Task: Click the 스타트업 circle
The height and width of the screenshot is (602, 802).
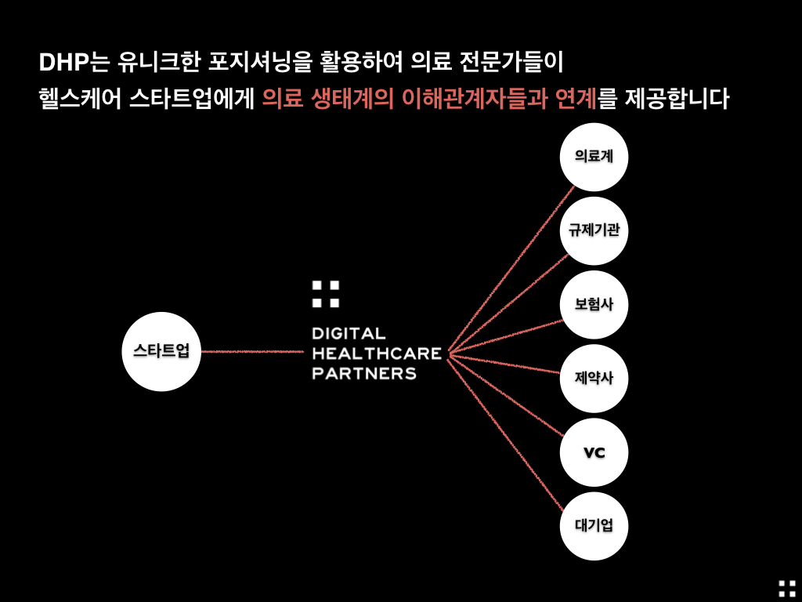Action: pyautogui.click(x=161, y=352)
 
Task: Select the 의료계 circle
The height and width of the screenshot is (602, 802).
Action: pyautogui.click(x=594, y=157)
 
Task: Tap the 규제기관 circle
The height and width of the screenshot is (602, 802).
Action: pyautogui.click(x=594, y=231)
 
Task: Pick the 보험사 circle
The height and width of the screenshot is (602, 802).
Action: pyautogui.click(x=594, y=305)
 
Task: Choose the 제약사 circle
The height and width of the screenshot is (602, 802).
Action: pyautogui.click(x=594, y=379)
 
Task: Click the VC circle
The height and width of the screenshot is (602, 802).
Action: pyautogui.click(x=594, y=452)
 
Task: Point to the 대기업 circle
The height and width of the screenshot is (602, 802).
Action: pyautogui.click(x=594, y=526)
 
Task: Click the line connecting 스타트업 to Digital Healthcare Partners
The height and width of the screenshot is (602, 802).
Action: pyautogui.click(x=253, y=352)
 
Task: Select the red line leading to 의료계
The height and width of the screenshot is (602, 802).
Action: pyautogui.click(x=511, y=269)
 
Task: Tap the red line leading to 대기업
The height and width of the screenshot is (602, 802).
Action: pyautogui.click(x=505, y=435)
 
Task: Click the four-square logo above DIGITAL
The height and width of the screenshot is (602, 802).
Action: pyautogui.click(x=326, y=294)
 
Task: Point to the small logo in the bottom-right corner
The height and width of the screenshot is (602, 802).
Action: pyautogui.click(x=787, y=589)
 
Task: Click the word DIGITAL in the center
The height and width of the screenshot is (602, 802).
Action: pyautogui.click(x=349, y=334)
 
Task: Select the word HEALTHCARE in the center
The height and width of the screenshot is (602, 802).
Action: pyautogui.click(x=377, y=354)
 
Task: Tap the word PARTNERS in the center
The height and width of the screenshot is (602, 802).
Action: pyautogui.click(x=364, y=373)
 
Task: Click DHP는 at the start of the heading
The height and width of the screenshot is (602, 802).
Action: pyautogui.click(x=74, y=62)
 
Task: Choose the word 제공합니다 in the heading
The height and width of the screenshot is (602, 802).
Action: pyautogui.click(x=677, y=98)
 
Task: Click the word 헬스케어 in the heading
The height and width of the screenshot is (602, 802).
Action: pyautogui.click(x=81, y=98)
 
